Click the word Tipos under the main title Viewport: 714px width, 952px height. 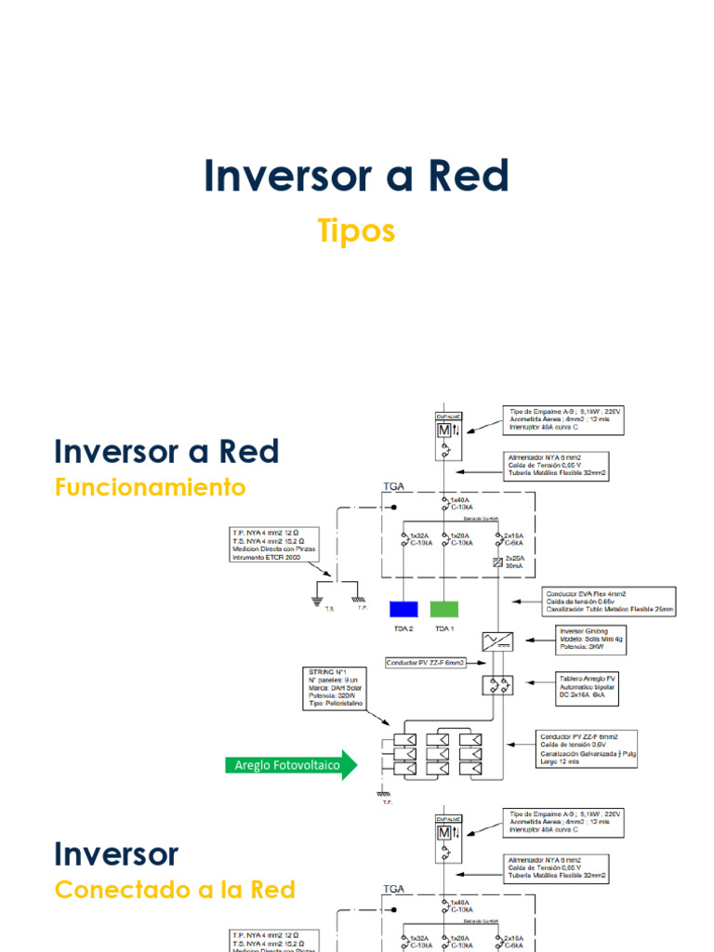(356, 231)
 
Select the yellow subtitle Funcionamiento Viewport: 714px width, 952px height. (150, 487)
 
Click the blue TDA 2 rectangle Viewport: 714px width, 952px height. (403, 609)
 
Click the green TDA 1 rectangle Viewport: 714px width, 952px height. (443, 609)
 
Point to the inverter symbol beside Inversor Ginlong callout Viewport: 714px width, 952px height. (497, 641)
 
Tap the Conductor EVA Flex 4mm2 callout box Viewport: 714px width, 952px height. (609, 601)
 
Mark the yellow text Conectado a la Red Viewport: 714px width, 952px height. (175, 890)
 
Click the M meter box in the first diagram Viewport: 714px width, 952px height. (443, 431)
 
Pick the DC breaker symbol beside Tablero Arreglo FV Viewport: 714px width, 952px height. (494, 685)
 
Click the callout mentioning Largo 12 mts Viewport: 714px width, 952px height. (587, 748)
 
